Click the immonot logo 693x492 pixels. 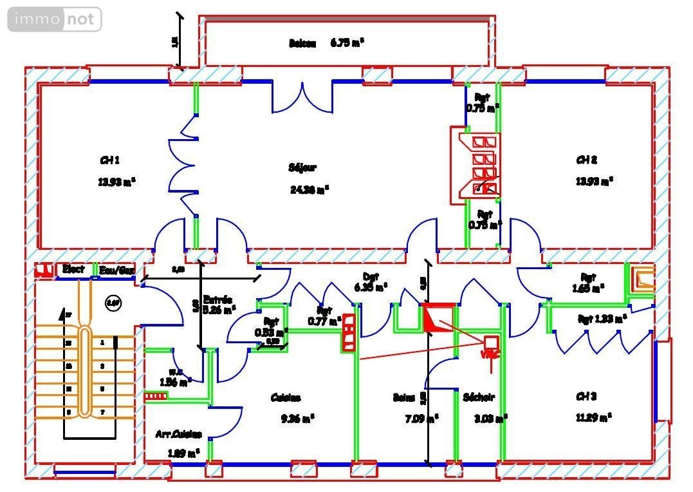pos(55,19)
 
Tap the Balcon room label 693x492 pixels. pos(302,44)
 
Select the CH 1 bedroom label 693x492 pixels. pos(109,160)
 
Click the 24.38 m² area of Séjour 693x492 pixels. pos(310,189)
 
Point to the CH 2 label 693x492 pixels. pos(586,160)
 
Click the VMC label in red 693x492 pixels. pos(490,354)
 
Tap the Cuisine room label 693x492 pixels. pos(286,398)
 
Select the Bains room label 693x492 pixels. pos(403,398)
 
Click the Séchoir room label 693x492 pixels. pos(479,398)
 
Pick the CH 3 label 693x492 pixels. pos(586,397)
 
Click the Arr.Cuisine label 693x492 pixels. pos(179,435)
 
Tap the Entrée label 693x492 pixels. pos(217,299)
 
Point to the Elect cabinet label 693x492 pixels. pos(73,269)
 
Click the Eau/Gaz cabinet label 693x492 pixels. pos(116,270)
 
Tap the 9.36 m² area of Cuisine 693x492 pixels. pos(297,419)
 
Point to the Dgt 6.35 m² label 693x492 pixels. pos(371,281)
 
